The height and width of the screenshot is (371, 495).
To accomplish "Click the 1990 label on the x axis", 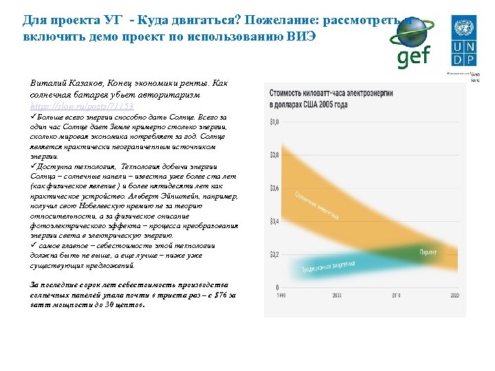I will pyautogui.click(x=280, y=295).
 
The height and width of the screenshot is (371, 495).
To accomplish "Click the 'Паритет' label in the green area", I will pyautogui.click(x=428, y=253).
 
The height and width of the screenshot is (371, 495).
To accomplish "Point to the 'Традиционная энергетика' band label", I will pyautogui.click(x=328, y=267).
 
